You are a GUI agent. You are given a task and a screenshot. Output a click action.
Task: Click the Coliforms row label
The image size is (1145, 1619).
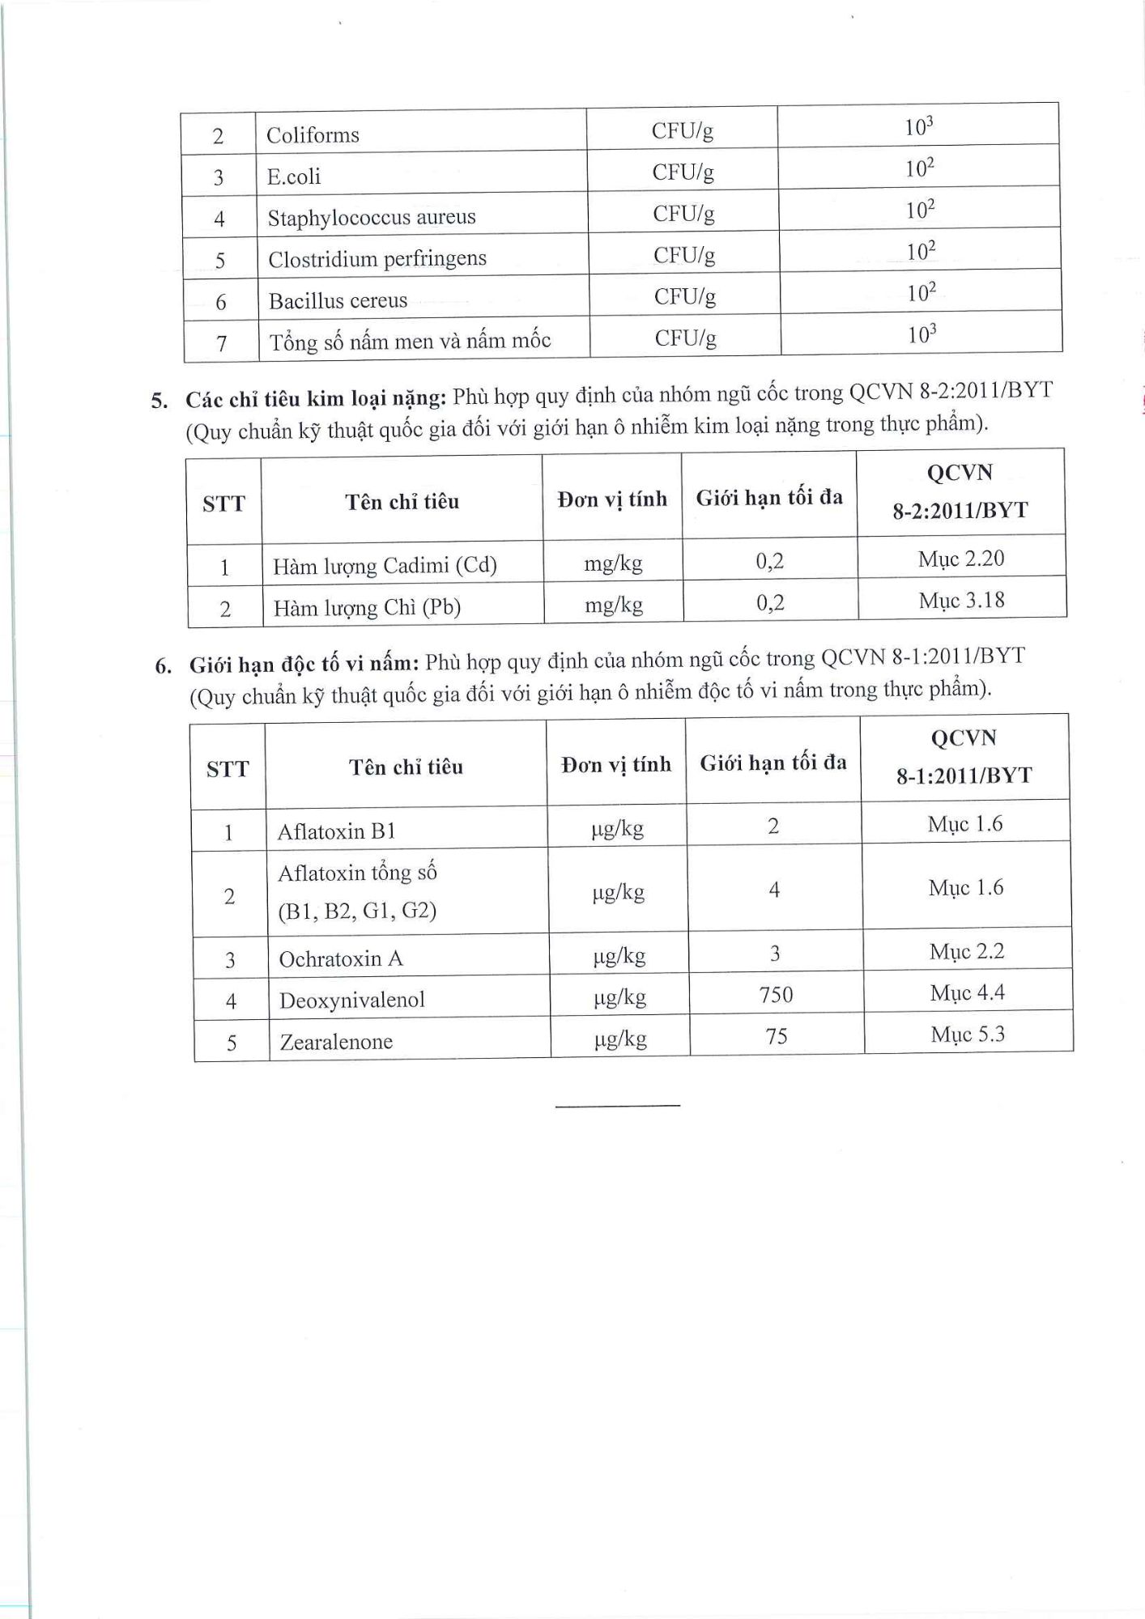coord(313,134)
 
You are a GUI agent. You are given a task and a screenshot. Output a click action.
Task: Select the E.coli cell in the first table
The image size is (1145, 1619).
coord(294,176)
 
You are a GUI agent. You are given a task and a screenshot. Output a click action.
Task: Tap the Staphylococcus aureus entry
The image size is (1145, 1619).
coord(372,218)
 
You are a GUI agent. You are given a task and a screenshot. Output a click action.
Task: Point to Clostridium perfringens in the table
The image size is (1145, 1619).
coord(377,259)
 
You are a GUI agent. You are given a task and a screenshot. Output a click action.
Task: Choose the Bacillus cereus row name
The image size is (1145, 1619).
coord(338,301)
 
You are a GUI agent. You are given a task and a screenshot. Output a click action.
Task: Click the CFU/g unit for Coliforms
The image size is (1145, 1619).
coord(683,130)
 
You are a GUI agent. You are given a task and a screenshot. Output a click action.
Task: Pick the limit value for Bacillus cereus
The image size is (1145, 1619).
coord(922,293)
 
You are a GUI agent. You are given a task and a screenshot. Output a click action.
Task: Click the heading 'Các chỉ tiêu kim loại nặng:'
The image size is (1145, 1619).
coord(316,399)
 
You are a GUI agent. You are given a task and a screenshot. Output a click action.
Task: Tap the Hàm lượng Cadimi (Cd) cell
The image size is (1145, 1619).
coord(385,566)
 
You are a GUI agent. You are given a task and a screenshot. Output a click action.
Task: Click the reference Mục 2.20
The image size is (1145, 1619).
coord(961,559)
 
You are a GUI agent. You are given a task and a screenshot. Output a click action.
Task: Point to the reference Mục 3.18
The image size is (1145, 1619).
coord(962,601)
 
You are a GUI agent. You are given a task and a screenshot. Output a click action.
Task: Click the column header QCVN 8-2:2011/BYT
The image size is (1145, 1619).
coord(960,491)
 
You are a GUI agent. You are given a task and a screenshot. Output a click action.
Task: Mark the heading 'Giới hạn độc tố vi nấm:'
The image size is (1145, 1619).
coord(304,665)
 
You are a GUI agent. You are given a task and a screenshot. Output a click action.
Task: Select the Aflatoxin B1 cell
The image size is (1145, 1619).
coord(336,831)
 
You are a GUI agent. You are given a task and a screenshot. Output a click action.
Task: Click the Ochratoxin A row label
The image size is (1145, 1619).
coord(341,959)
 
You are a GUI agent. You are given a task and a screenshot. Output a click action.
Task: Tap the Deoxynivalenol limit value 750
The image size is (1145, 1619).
coord(776,994)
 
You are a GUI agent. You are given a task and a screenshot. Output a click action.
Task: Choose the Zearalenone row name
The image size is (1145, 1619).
coord(336,1042)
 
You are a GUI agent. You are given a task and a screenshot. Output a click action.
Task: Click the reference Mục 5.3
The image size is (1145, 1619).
coord(968,1035)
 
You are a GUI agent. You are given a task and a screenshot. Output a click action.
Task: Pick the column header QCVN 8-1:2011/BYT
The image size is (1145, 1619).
coord(964,757)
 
